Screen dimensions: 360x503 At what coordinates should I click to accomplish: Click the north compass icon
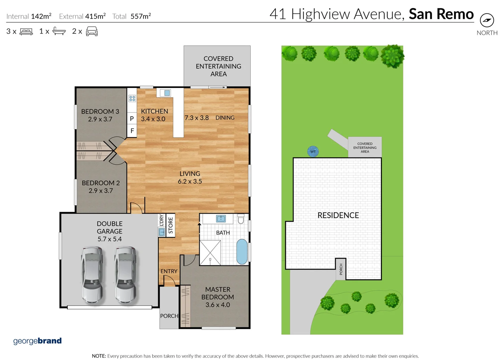coord(487,20)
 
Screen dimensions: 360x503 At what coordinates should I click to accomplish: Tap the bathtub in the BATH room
coord(242,252)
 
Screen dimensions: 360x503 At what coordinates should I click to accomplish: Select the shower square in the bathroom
coord(210,253)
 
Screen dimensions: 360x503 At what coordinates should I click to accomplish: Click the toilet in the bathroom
coord(241,219)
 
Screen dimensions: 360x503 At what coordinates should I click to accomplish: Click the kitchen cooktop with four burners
coord(132,98)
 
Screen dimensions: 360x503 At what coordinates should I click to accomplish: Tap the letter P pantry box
coord(132,118)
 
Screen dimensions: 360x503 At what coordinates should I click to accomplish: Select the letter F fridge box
coord(132,131)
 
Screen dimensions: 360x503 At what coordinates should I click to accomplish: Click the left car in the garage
coord(92,275)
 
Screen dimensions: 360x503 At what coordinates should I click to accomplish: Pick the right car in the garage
coord(125,275)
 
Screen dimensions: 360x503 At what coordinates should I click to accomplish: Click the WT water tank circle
coord(313,151)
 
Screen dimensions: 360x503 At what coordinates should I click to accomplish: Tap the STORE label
coord(170,225)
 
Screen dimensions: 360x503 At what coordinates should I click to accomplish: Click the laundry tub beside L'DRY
coord(162,232)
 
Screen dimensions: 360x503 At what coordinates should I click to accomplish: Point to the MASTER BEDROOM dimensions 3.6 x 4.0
coord(217,305)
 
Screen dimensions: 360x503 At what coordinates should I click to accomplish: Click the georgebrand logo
coord(37,341)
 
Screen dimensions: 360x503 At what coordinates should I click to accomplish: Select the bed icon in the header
coord(26,32)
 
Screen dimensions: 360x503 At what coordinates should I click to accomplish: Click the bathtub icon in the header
coord(59,32)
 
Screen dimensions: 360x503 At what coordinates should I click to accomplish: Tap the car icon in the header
coord(92,32)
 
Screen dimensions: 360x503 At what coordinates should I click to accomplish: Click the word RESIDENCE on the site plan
coord(338,215)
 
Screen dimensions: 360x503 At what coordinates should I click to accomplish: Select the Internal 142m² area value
coord(41,16)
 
